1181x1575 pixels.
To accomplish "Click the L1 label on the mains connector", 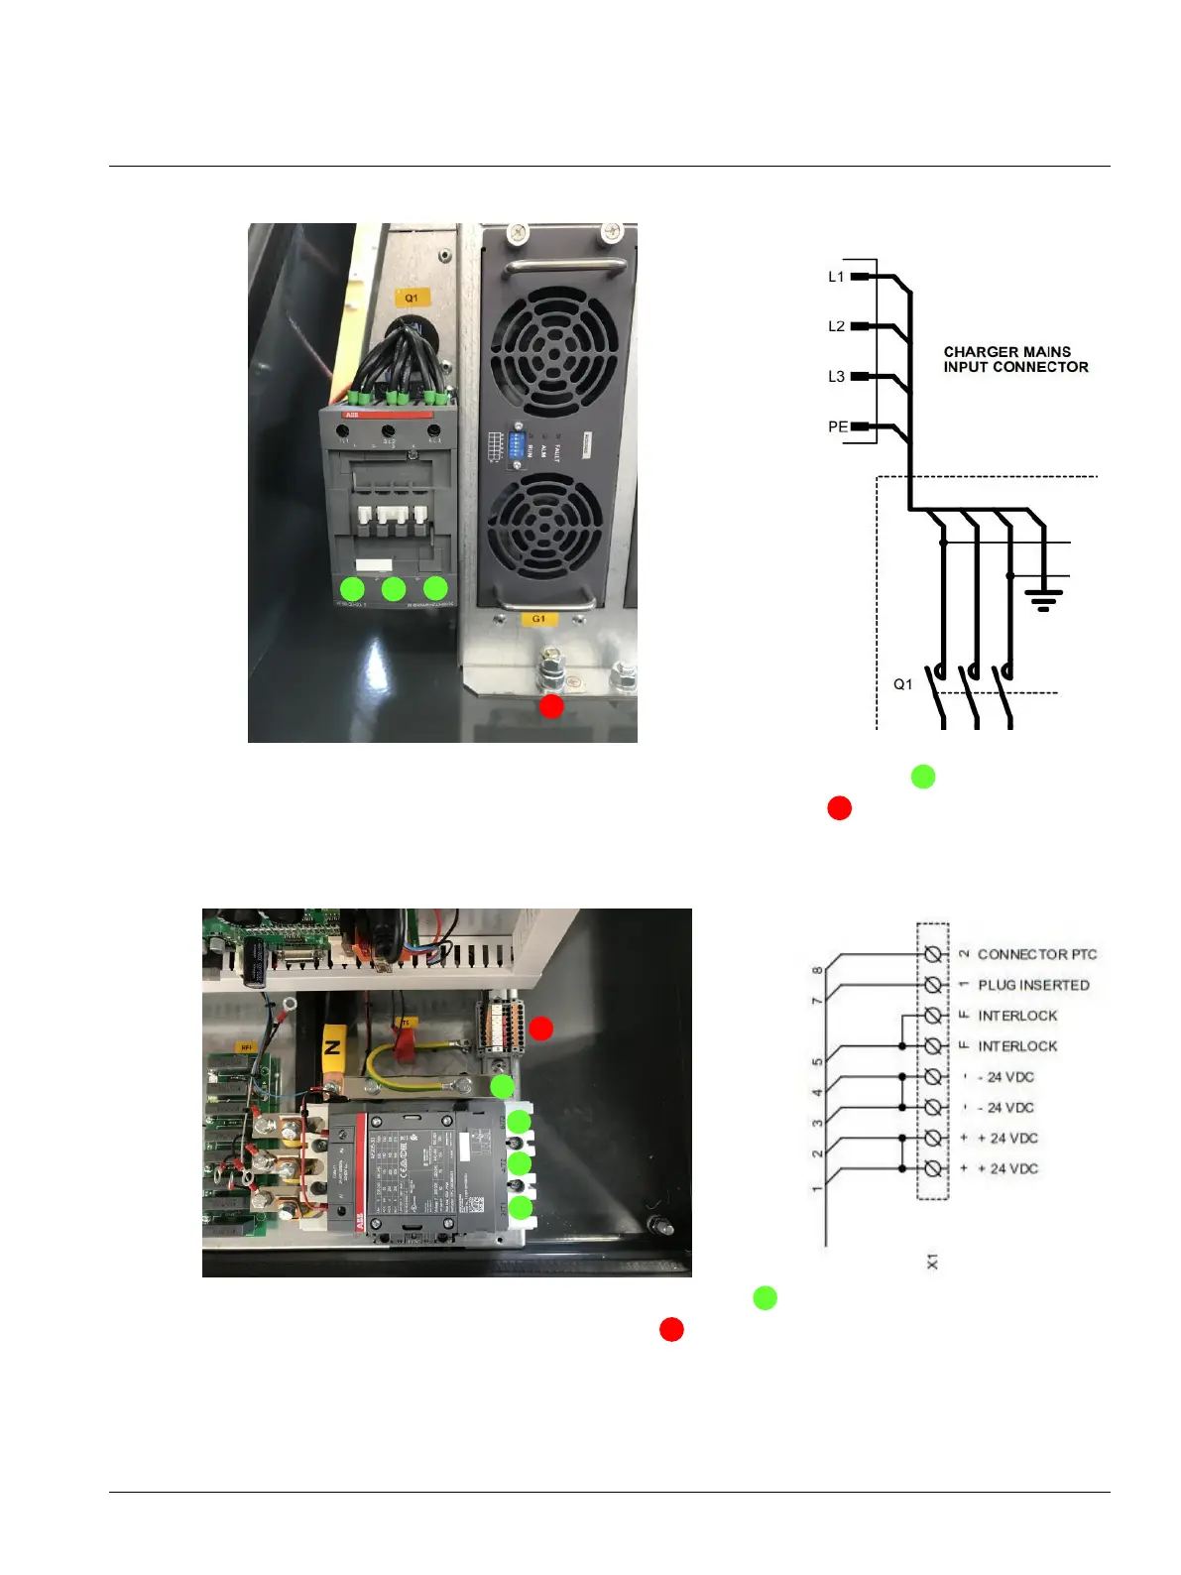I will [x=836, y=277].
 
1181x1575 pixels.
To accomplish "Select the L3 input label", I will [x=836, y=377].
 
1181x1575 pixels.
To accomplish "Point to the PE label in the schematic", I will [x=838, y=426].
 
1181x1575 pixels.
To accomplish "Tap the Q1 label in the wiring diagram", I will [x=902, y=684].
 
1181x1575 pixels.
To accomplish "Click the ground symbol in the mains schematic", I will [x=1043, y=599].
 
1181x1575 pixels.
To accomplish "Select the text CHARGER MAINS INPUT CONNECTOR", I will [x=1015, y=359].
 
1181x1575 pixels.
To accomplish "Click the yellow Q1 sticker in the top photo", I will [x=411, y=298].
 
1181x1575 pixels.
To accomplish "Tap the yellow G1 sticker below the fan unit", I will [x=538, y=619].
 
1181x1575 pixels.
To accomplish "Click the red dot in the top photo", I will [x=551, y=706].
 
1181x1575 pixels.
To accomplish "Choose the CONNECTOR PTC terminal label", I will [x=1036, y=954].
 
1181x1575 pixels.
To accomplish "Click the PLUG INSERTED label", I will [x=1033, y=985].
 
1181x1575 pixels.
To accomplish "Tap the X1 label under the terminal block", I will [x=932, y=1262].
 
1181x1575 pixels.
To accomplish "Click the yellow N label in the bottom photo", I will [x=333, y=1046].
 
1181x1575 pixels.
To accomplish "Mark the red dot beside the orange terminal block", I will [x=540, y=1029].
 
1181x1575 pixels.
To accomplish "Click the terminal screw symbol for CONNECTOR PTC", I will [x=932, y=954].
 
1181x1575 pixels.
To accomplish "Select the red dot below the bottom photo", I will [x=671, y=1330].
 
